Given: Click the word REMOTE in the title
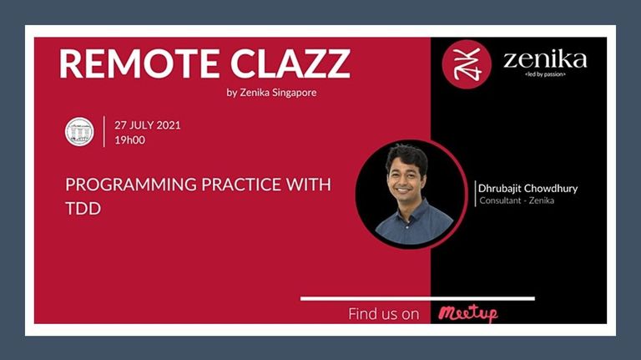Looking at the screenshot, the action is coord(139,63).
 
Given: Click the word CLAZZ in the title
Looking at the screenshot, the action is coord(290,63).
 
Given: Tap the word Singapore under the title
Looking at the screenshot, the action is coord(295,93).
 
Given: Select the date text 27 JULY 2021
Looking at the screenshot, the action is coord(148,125).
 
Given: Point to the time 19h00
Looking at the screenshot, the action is coord(129,140).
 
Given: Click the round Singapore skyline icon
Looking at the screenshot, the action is coord(79,132).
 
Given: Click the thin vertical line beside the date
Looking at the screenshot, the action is coord(104,131).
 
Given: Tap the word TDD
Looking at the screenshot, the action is coord(83,209).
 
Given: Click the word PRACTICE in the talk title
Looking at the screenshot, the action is coord(241,185).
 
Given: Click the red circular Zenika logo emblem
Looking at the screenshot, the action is coord(467,64).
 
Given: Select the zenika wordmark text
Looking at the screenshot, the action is coord(545,60).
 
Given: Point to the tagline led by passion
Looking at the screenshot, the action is coord(545,74).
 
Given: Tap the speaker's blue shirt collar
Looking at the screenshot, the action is coord(410,213).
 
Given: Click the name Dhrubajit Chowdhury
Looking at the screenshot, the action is coord(527,189).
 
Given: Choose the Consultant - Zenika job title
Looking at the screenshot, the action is coord(517,200).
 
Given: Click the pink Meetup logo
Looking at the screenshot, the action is coord(468,314).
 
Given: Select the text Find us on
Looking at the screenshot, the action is coord(384,314).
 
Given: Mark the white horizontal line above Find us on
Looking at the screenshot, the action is coord(417,299).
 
